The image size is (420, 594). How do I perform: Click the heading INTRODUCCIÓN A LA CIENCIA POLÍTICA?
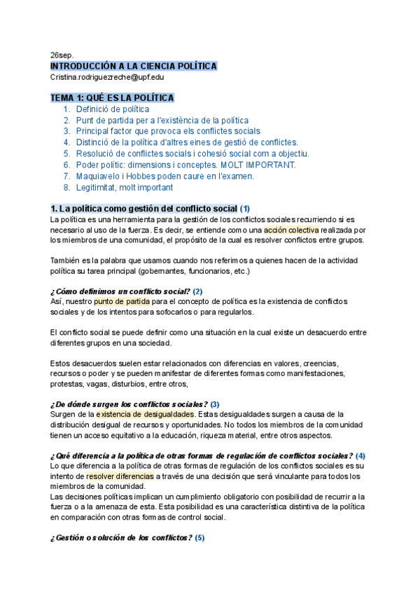(134, 66)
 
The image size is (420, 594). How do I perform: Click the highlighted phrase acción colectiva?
(290, 230)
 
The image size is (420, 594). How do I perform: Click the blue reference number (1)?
(244, 209)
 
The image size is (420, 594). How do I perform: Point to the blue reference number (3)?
(215, 404)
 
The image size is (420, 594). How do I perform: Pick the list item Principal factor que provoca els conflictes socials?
(168, 132)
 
